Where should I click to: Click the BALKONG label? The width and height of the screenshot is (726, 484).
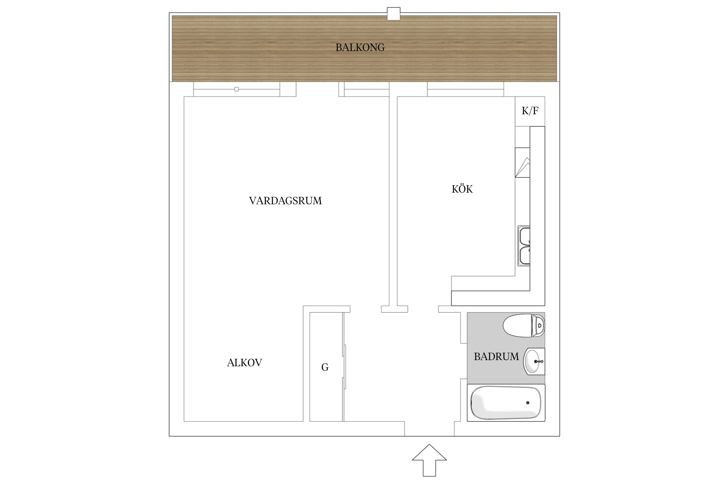360,48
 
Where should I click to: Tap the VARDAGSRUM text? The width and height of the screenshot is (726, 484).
285,201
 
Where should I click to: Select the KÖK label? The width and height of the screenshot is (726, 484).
462,189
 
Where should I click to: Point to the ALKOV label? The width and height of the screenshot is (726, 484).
244,363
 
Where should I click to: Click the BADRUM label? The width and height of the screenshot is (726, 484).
496,357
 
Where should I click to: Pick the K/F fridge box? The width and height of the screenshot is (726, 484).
530,111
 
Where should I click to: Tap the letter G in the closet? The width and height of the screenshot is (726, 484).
325,367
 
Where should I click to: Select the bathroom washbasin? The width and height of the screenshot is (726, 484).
533,361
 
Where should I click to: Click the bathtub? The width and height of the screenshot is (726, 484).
505,403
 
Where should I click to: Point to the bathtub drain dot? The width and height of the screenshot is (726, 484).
528,403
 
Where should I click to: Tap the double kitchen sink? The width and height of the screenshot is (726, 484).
524,246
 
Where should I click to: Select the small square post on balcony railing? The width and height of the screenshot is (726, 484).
393,14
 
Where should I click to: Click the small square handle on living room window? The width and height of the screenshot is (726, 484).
237,89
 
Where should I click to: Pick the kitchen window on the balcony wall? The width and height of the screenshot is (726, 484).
465,89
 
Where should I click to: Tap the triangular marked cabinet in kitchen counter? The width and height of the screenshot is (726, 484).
522,163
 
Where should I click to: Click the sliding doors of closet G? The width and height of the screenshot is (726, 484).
344,367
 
